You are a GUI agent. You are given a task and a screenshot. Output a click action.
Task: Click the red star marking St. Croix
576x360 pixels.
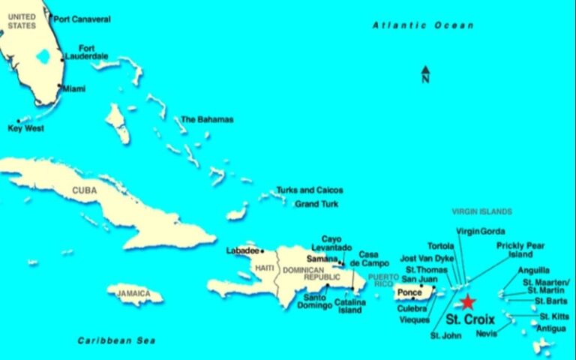[x=467, y=302]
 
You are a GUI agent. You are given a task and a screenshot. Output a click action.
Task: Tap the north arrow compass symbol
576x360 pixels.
[x=425, y=73]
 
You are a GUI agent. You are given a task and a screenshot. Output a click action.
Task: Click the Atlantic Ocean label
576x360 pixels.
[x=423, y=25]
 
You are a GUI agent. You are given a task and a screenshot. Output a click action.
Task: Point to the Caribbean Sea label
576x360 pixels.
[x=116, y=340]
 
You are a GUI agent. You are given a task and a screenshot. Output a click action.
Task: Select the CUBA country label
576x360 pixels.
[x=85, y=190]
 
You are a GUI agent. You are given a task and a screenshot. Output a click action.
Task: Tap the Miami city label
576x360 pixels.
[x=73, y=88]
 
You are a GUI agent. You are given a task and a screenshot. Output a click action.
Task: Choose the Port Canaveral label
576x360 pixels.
[x=82, y=19]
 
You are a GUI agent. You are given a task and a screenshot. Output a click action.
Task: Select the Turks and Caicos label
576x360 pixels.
[x=309, y=190]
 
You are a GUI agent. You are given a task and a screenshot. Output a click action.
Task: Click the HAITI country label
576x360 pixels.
[x=265, y=268]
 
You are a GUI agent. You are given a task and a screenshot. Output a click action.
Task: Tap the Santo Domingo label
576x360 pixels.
[x=314, y=301]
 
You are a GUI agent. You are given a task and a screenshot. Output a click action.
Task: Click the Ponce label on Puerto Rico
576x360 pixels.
[x=409, y=292]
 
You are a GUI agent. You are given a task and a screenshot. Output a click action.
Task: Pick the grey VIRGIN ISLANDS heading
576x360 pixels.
[x=482, y=211]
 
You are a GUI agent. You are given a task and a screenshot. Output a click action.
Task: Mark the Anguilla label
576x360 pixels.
[x=533, y=270]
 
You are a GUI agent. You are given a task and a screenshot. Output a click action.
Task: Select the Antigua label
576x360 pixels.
[x=551, y=328]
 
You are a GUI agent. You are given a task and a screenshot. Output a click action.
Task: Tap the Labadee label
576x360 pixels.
[x=242, y=250]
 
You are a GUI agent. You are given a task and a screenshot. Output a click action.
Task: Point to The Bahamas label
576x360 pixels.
[x=207, y=119]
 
